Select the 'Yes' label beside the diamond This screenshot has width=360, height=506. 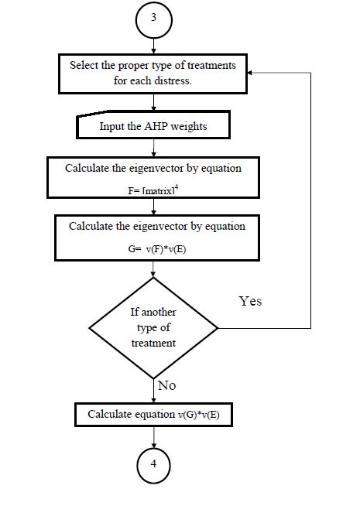pyautogui.click(x=250, y=302)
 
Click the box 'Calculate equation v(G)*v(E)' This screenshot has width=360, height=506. pyautogui.click(x=155, y=415)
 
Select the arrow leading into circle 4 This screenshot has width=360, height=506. pyautogui.click(x=155, y=438)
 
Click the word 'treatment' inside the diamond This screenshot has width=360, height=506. pyautogui.click(x=155, y=343)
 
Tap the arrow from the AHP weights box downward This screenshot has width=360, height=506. pyautogui.click(x=155, y=147)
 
